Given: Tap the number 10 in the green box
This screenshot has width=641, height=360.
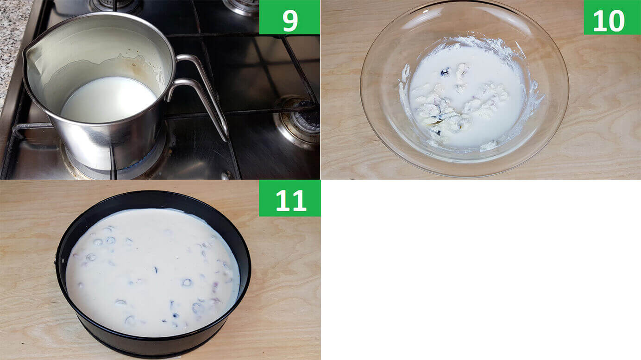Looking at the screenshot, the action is tap(609, 21).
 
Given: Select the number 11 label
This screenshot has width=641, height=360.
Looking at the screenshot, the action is tap(291, 201).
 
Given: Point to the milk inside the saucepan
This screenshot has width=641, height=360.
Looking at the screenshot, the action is tap(109, 99).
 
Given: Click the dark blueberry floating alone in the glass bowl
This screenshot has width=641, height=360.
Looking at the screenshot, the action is tap(445, 72).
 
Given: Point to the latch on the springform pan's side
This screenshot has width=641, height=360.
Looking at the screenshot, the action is tap(56, 262).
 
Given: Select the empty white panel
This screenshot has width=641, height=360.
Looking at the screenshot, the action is tap(481, 270).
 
